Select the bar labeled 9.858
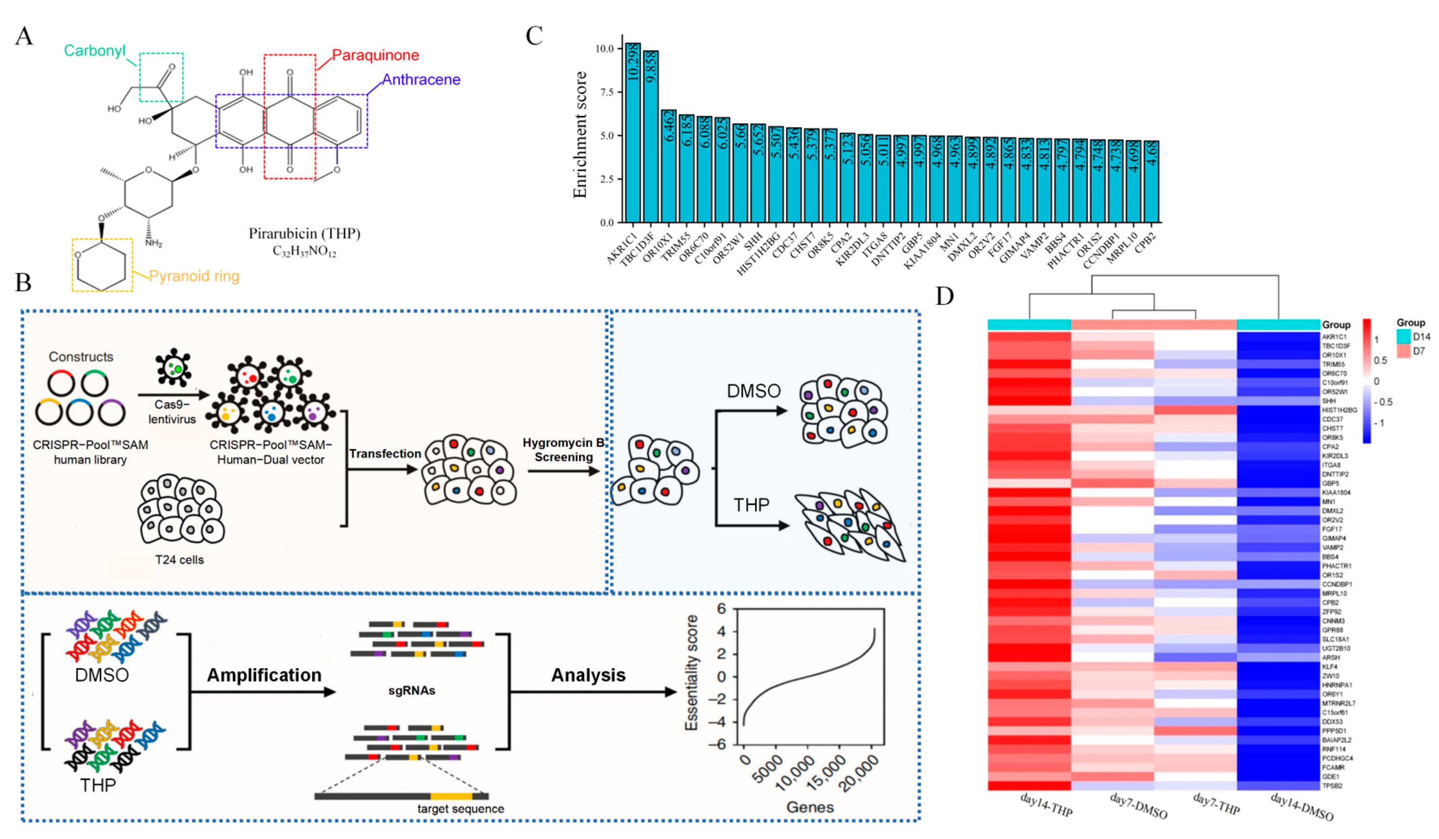[x=651, y=137]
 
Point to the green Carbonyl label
[x=94, y=51]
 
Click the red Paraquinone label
[x=375, y=56]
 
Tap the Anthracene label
[x=421, y=80]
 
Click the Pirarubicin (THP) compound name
[x=304, y=233]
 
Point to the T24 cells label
[x=179, y=560]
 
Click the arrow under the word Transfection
[x=382, y=470]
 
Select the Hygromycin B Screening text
[x=563, y=450]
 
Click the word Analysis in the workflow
[x=588, y=675]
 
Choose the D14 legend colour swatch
[x=1404, y=336]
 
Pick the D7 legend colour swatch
[x=1404, y=351]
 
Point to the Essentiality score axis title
[x=692, y=672]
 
